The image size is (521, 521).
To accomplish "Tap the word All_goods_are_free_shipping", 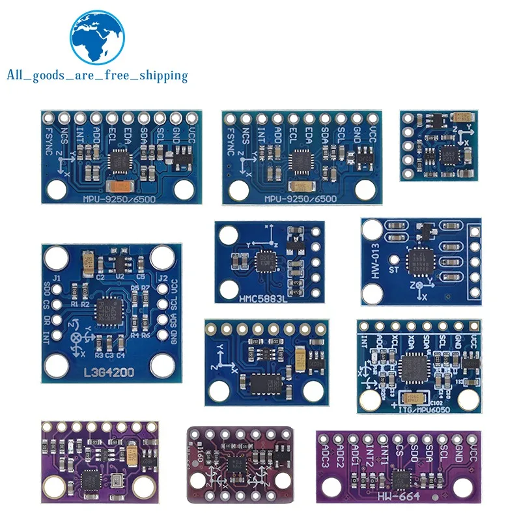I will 97,76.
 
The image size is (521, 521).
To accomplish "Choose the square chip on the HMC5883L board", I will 266,260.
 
